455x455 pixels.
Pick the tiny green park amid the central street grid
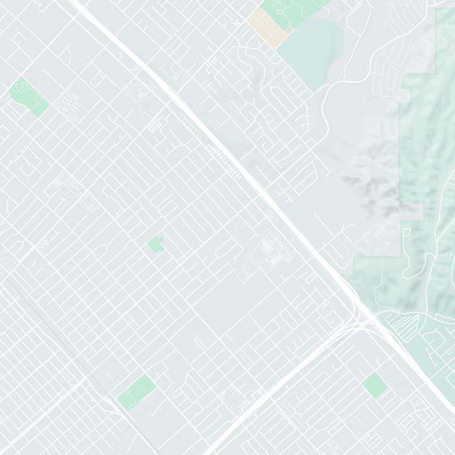tap(156, 246)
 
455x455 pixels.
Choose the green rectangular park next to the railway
tap(137, 391)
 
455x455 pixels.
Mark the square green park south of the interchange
tap(375, 385)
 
